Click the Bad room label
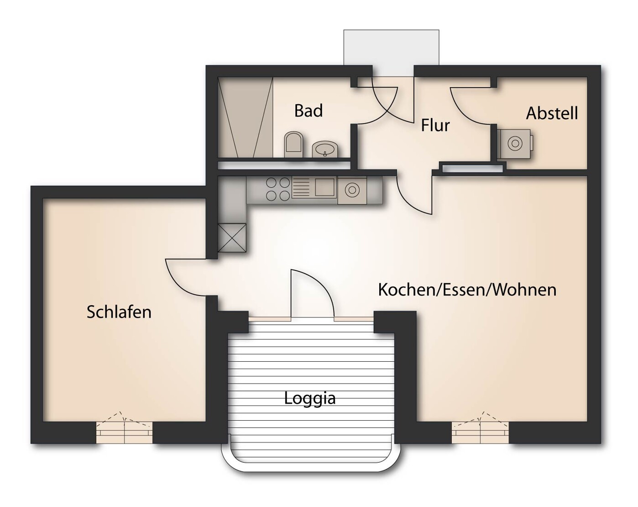coord(309,111)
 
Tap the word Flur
coord(435,125)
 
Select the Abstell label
coord(552,113)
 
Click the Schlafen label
coord(119,312)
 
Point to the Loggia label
coord(309,398)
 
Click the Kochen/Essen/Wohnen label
coord(467,290)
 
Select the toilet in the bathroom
coord(293,143)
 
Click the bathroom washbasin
coord(325,149)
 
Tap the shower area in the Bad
coord(245,117)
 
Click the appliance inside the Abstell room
coord(515,144)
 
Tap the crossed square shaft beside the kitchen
coord(232,238)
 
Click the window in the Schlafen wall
coord(124,432)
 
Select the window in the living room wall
coord(480,432)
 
